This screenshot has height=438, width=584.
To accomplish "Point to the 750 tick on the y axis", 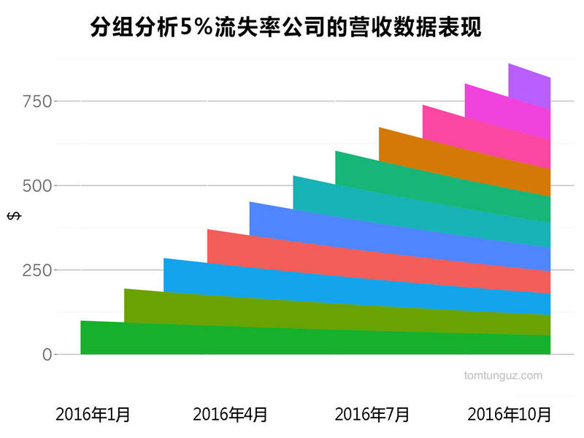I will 37,101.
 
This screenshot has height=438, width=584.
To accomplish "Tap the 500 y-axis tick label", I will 37,185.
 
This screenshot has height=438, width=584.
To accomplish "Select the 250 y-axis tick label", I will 37,270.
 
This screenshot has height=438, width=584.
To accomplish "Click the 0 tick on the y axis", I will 47,355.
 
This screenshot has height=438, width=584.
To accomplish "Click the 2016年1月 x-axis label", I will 93,415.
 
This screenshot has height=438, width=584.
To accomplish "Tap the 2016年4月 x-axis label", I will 230,415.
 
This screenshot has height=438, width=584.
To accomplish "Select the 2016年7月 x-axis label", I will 372,415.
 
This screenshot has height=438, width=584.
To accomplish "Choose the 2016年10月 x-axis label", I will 509,415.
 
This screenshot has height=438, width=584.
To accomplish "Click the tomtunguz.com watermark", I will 503,376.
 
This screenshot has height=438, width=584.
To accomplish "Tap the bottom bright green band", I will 292,342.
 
